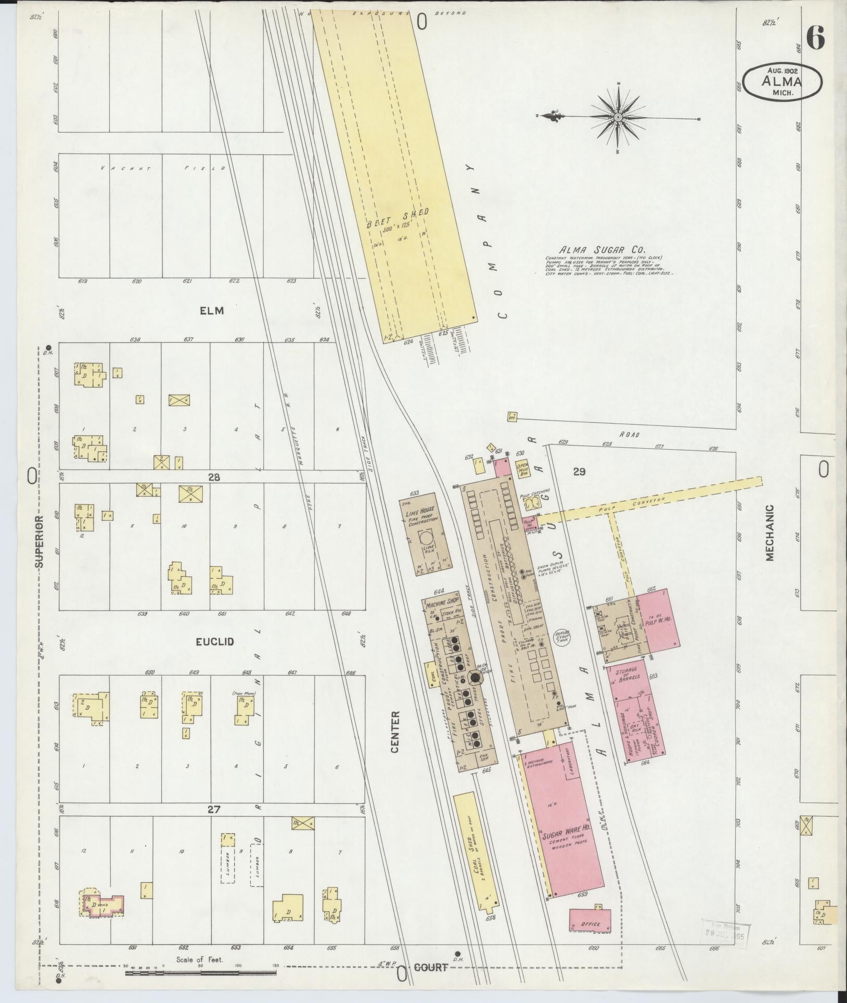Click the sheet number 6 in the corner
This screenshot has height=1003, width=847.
pyautogui.click(x=816, y=38)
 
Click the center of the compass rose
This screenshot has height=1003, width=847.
pyautogui.click(x=618, y=118)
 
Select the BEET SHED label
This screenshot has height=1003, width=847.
pyautogui.click(x=397, y=217)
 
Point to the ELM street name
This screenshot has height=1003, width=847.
pyautogui.click(x=212, y=311)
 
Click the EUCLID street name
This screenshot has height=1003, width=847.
pyautogui.click(x=215, y=642)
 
